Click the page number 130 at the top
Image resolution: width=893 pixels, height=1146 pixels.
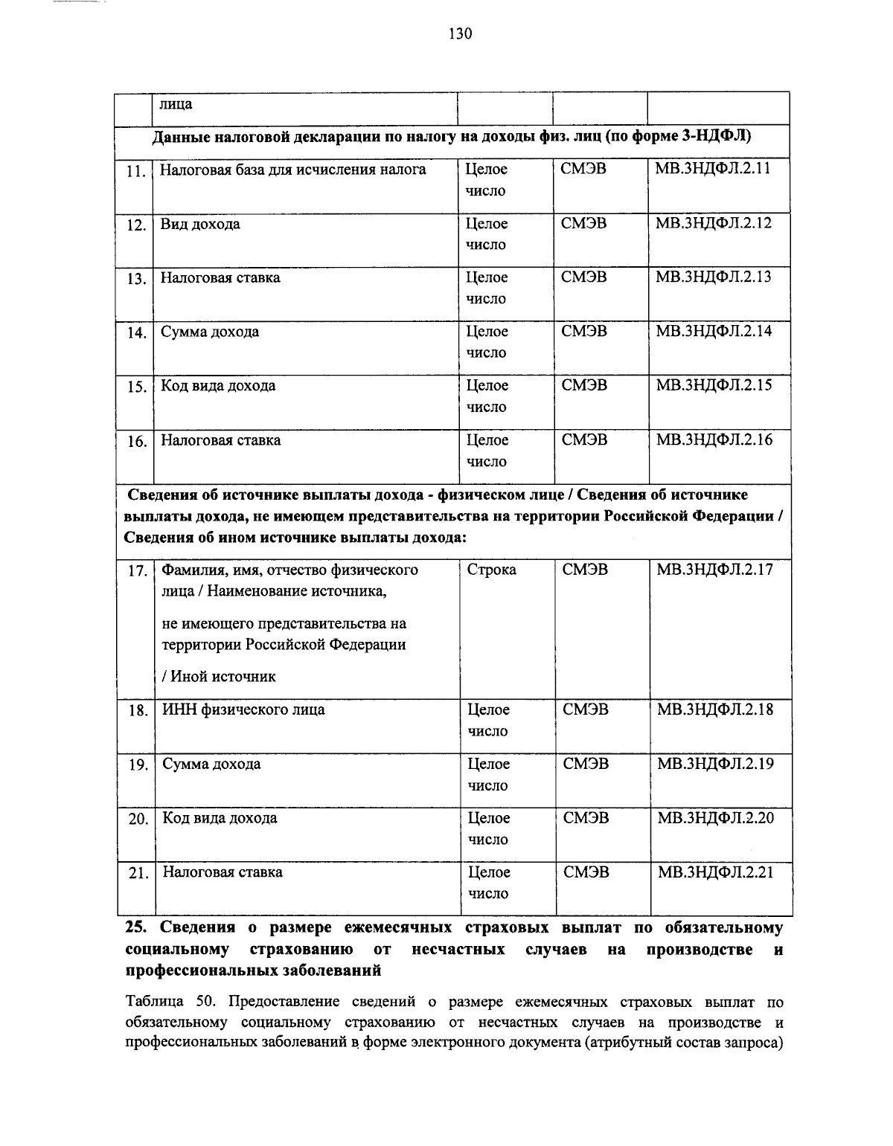click(x=460, y=33)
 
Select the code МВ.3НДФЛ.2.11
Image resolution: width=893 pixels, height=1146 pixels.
click(x=712, y=169)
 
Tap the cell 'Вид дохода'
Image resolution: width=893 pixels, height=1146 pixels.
click(x=200, y=224)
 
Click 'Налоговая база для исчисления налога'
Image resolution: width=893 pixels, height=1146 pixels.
click(x=293, y=170)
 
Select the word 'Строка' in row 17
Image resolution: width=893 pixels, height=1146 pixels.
click(x=491, y=570)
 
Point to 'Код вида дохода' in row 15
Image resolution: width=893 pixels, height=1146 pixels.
click(x=218, y=385)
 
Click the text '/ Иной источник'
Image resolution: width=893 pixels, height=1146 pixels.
click(x=219, y=676)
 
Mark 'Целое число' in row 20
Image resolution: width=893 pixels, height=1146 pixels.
click(x=488, y=828)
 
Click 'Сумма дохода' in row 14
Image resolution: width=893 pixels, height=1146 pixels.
click(x=210, y=332)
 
